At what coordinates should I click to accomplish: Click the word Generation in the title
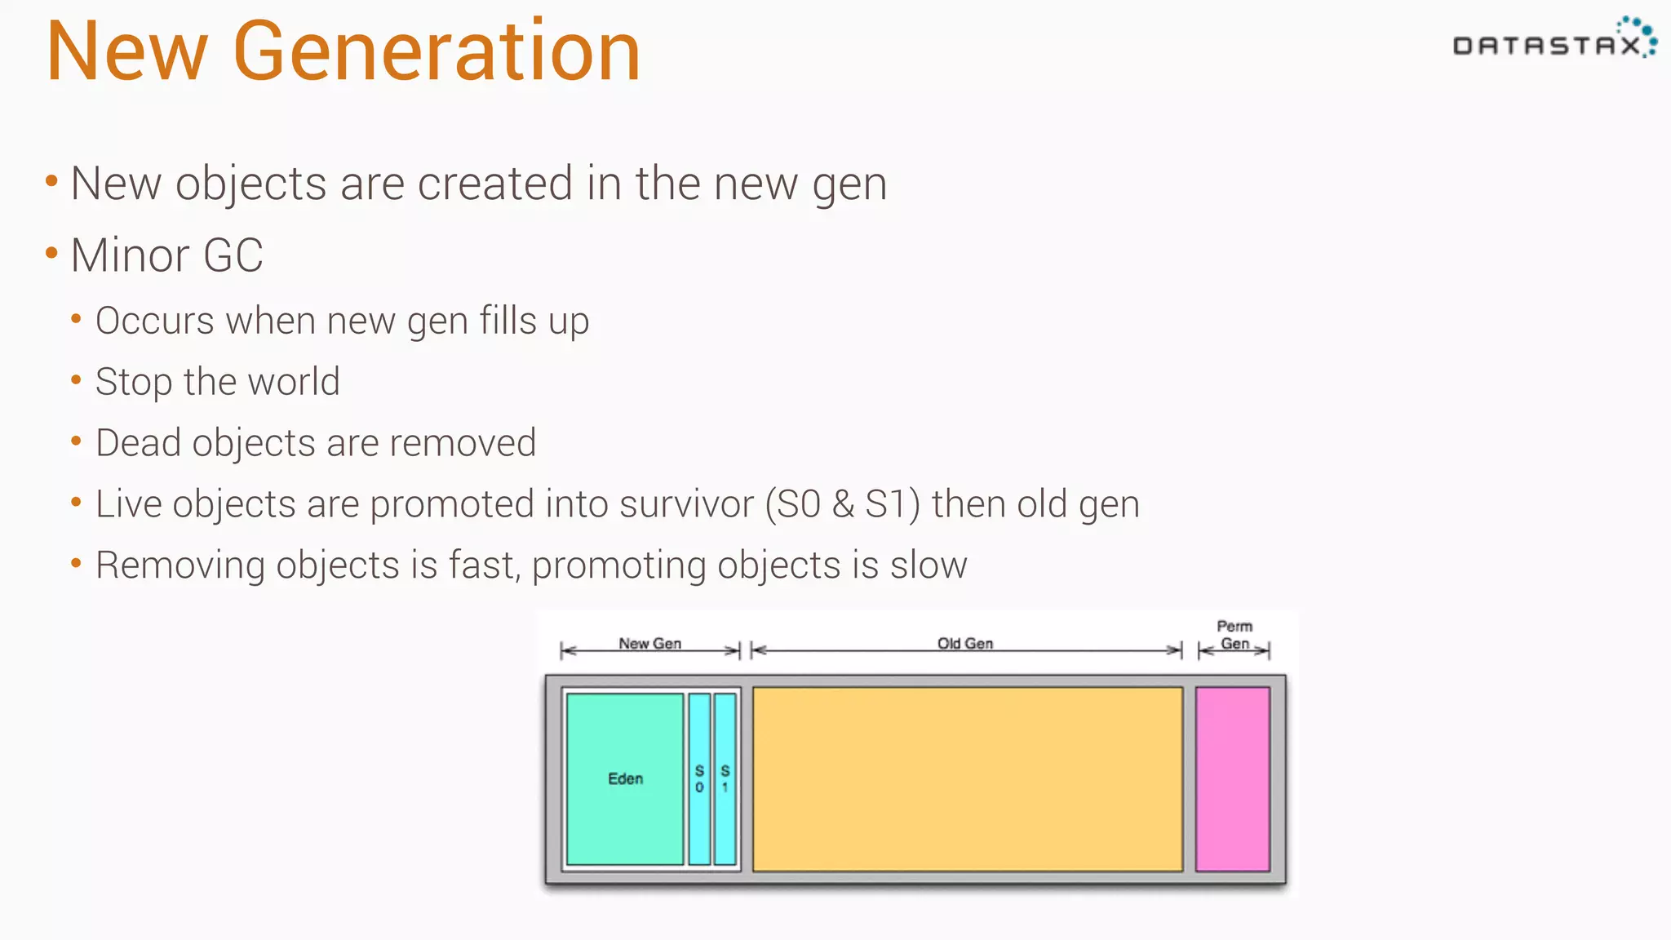tap(437, 52)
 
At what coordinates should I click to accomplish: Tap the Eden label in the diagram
tap(625, 778)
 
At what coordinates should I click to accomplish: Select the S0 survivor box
tap(699, 778)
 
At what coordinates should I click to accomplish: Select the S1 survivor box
tap(725, 778)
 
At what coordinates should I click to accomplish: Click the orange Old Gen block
tap(967, 778)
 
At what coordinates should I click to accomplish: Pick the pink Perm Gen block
tap(1232, 778)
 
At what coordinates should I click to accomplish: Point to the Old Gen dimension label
tap(965, 643)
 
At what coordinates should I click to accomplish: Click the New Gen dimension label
tap(649, 643)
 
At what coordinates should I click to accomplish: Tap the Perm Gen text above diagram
tap(1234, 635)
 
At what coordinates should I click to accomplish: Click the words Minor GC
tap(166, 255)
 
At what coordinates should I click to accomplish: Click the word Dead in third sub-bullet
tap(138, 443)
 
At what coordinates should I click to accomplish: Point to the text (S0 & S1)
tap(843, 504)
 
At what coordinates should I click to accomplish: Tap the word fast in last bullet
tap(484, 565)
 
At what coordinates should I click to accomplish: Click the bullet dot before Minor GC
tap(51, 254)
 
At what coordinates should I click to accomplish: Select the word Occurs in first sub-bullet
tap(154, 321)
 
